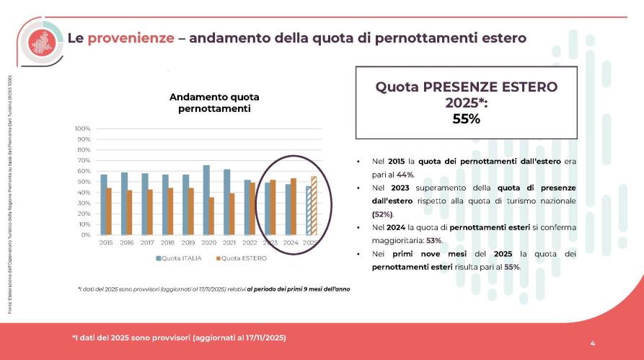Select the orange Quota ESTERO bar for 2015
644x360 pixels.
pos(109,211)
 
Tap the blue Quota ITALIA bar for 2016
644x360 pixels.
pos(124,203)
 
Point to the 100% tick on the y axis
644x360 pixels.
pos(81,128)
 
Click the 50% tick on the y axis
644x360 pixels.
pos(83,182)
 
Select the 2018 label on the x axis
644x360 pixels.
pos(168,243)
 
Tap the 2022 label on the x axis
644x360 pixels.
pos(250,243)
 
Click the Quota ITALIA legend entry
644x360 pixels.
pos(177,258)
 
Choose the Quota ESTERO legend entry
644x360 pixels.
pos(241,258)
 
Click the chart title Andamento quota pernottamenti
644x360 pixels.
pos(214,102)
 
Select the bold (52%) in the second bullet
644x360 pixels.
pos(383,214)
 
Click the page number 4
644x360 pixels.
pos(592,343)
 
